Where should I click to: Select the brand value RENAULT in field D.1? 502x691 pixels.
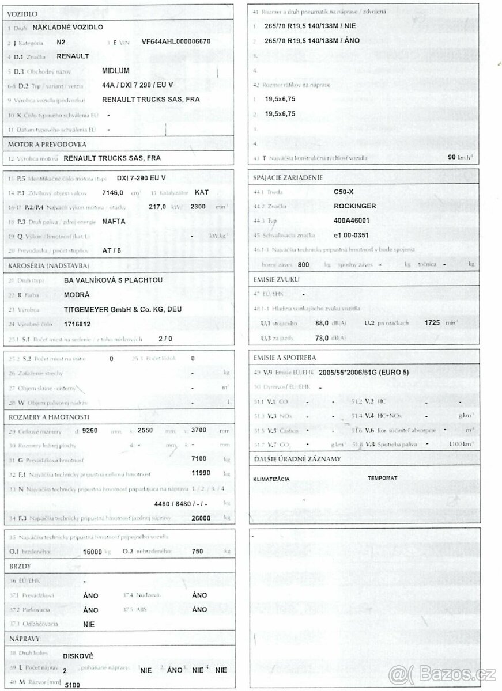pyautogui.click(x=73, y=56)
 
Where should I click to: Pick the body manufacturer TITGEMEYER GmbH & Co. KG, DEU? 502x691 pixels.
pyautogui.click(x=123, y=309)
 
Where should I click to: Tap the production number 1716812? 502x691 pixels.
pyautogui.click(x=78, y=324)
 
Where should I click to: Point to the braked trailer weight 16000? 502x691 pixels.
pyautogui.click(x=92, y=551)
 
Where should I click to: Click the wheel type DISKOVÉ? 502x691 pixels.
pyautogui.click(x=78, y=656)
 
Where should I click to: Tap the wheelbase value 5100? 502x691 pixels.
pyautogui.click(x=72, y=684)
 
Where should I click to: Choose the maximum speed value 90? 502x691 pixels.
pyautogui.click(x=452, y=157)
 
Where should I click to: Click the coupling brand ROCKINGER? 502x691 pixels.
pyautogui.click(x=355, y=206)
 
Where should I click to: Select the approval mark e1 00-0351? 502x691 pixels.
pyautogui.click(x=350, y=235)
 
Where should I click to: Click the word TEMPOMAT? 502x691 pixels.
pyautogui.click(x=382, y=478)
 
